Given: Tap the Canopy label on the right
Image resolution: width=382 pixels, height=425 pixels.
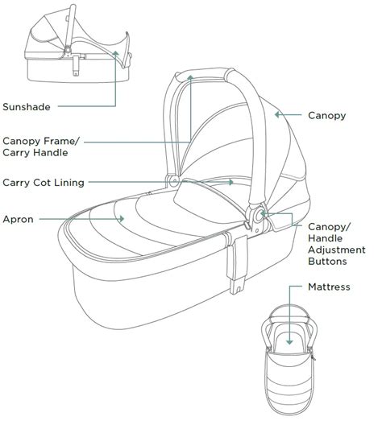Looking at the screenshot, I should [327, 115].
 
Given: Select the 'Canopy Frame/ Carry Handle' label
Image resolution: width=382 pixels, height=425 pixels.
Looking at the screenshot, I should [41, 146].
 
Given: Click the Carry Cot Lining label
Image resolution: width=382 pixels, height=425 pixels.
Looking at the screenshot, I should [44, 183].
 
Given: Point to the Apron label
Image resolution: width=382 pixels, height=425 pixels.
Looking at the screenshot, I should [19, 218].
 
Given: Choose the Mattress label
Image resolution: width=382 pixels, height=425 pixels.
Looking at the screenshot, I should [330, 287].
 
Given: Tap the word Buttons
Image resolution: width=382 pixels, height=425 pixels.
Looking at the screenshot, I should [328, 262].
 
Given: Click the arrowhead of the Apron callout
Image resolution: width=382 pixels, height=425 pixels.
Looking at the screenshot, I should [122, 218].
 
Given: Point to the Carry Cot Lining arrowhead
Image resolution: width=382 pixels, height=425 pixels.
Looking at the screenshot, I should [232, 183].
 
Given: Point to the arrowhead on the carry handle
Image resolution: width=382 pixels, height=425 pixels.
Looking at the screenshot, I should [191, 76].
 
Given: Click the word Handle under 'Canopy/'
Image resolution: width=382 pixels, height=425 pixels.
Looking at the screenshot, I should [328, 238].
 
